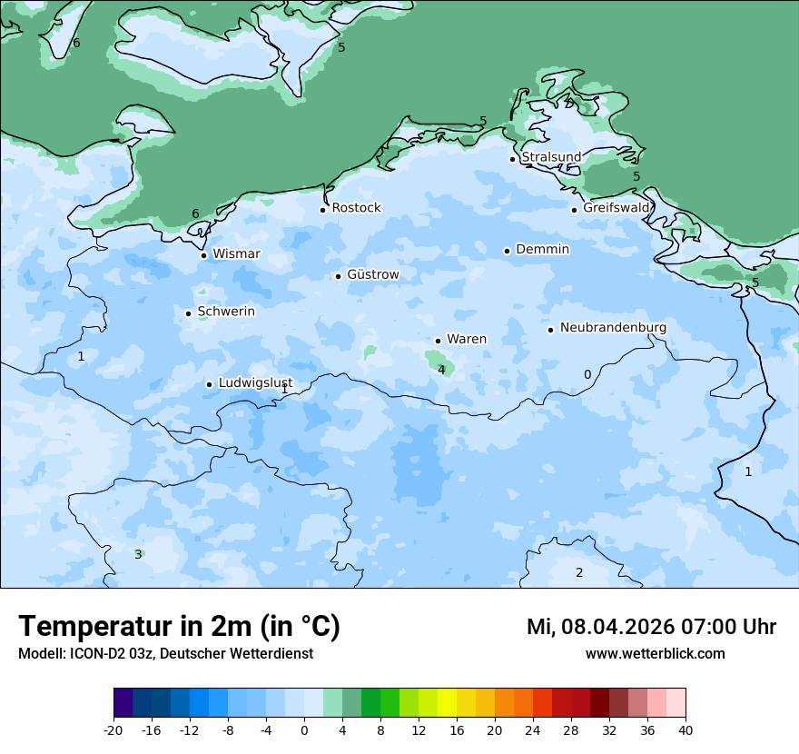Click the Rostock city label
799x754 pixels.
(x=356, y=208)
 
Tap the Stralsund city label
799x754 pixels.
(x=551, y=157)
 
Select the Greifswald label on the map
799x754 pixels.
(x=617, y=208)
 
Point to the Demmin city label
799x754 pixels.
(x=542, y=250)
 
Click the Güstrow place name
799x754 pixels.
(x=372, y=274)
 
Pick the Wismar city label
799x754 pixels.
(x=236, y=254)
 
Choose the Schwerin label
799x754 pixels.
(x=226, y=312)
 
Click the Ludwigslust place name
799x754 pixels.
(x=255, y=383)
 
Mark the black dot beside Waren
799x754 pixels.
(x=438, y=341)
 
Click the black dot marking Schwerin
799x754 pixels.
(x=188, y=313)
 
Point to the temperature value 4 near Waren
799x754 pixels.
(x=441, y=370)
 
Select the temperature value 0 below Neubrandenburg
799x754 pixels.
(x=587, y=374)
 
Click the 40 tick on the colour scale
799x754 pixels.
(x=685, y=730)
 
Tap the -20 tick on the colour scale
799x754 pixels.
(x=113, y=730)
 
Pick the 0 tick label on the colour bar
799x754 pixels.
(x=304, y=730)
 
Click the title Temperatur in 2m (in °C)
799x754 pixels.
(x=179, y=627)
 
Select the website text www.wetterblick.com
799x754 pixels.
(x=655, y=654)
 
